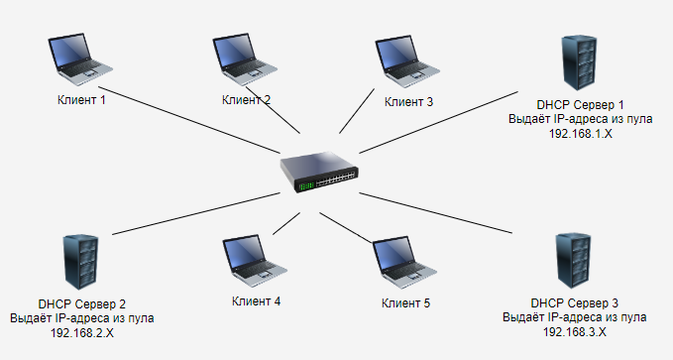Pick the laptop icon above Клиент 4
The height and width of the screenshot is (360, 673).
click(255, 261)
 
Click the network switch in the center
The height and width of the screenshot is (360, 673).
click(319, 172)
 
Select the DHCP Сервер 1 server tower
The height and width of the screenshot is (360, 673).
click(580, 62)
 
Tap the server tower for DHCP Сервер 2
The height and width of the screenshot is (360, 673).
click(80, 262)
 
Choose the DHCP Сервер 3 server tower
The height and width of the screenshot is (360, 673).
click(574, 261)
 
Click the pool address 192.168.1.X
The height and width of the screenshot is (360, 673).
click(580, 134)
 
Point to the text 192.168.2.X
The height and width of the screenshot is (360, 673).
click(82, 333)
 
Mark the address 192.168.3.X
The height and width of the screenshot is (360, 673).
click(575, 332)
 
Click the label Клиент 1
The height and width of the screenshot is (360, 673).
click(81, 100)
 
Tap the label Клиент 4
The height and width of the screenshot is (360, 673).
click(257, 301)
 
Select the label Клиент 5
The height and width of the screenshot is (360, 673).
click(405, 302)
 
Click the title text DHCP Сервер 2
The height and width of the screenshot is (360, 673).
click(82, 304)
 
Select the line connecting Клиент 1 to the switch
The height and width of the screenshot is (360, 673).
click(189, 120)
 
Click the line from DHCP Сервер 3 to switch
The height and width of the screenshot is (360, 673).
click(436, 213)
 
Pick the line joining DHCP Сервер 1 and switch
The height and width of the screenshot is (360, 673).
click(439, 122)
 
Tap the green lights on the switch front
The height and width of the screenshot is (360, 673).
click(306, 186)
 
